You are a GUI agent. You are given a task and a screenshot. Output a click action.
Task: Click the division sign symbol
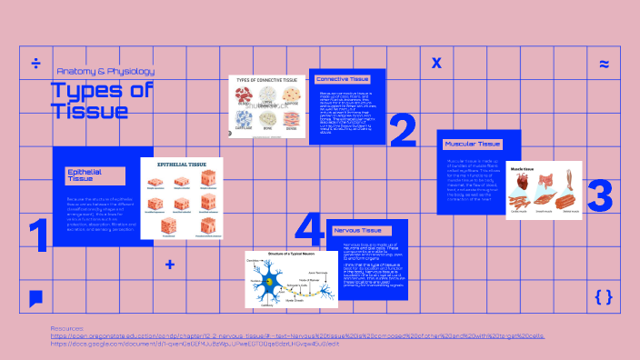36,64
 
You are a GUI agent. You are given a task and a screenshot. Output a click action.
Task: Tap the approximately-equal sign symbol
604,64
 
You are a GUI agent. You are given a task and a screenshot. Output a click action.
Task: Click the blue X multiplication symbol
436,64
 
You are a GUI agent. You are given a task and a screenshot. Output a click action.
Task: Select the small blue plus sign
170,265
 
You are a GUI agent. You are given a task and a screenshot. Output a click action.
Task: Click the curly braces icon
603,296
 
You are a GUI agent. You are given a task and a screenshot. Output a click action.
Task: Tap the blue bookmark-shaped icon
35,298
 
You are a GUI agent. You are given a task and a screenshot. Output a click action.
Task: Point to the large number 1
37,235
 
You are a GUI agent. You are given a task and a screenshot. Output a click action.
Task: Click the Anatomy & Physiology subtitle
105,71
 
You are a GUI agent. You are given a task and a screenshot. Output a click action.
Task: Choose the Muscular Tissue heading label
473,144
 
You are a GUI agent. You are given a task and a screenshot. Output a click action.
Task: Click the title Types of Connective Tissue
267,80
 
